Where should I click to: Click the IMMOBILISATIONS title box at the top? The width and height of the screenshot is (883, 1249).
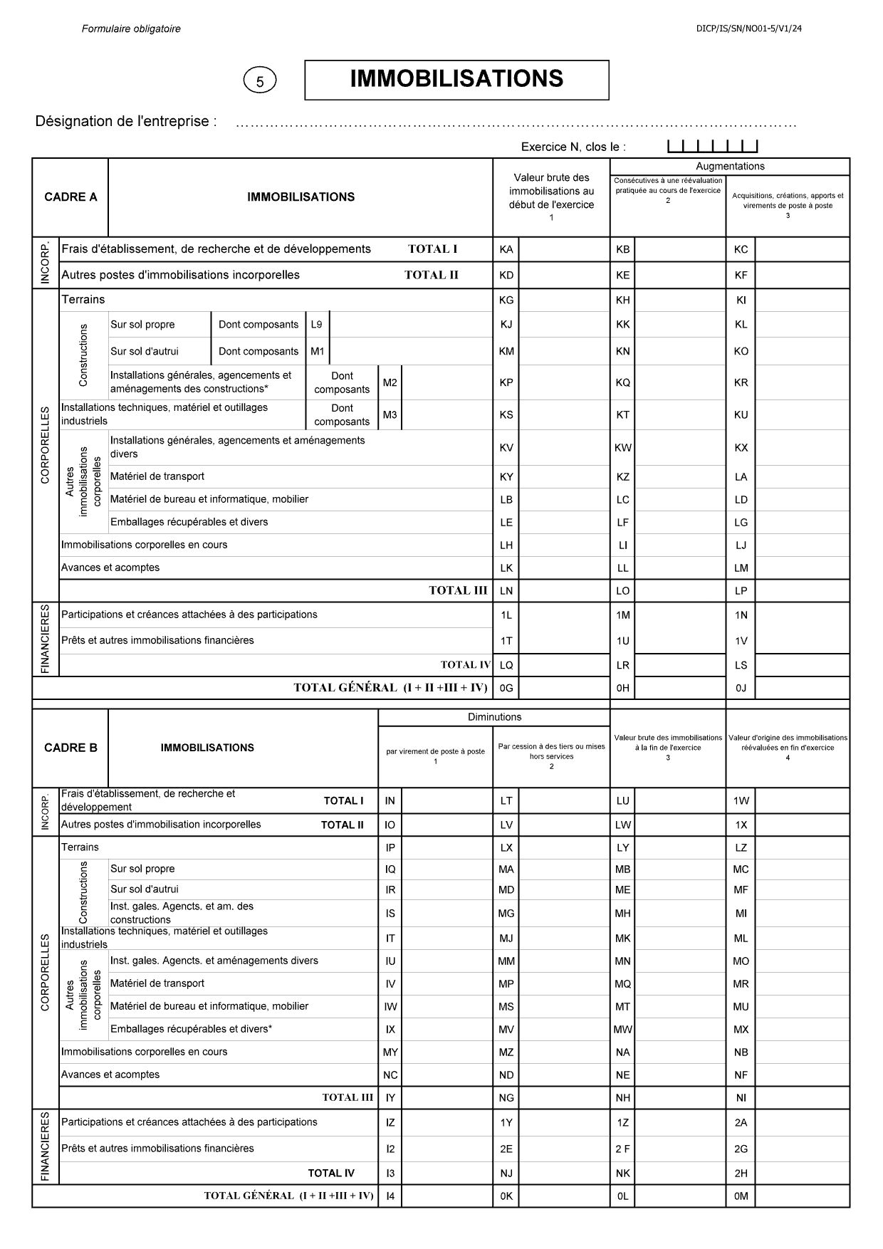click(x=456, y=79)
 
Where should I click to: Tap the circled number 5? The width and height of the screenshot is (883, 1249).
click(x=259, y=81)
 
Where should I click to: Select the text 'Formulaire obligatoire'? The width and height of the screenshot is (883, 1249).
click(x=131, y=29)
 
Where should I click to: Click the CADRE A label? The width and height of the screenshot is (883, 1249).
click(x=70, y=197)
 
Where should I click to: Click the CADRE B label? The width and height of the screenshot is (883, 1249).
click(x=70, y=748)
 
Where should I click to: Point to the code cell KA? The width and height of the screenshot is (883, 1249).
click(x=506, y=249)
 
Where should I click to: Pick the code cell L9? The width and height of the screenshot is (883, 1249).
click(x=317, y=325)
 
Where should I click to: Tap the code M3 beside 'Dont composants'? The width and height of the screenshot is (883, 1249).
click(x=390, y=415)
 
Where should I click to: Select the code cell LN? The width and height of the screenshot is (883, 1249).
click(x=506, y=590)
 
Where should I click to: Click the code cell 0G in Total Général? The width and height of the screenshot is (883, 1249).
click(x=506, y=688)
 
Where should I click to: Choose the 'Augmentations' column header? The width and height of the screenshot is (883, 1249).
click(x=730, y=167)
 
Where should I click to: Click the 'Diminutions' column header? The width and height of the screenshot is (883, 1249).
click(x=494, y=717)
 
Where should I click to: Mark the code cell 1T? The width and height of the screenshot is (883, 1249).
click(x=506, y=641)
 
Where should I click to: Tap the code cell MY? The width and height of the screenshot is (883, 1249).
click(x=390, y=1052)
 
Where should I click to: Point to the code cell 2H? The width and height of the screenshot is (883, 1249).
click(x=741, y=1174)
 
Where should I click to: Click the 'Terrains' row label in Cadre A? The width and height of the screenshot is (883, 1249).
click(x=83, y=300)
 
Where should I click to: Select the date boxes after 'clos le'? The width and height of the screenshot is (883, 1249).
click(x=712, y=147)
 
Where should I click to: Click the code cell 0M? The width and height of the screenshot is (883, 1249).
click(x=741, y=1196)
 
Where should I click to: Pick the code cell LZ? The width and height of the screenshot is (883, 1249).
click(x=741, y=847)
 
